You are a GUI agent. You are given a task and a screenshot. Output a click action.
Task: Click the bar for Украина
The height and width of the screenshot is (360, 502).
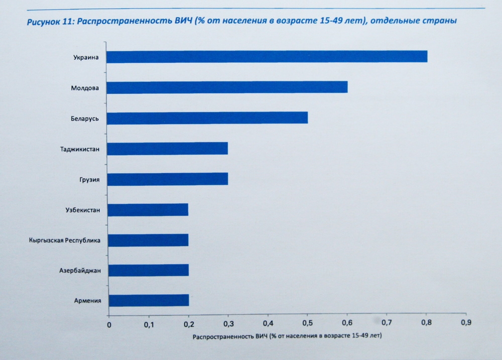(x=267, y=57)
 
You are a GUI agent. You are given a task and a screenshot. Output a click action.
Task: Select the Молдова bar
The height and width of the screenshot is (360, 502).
(x=227, y=87)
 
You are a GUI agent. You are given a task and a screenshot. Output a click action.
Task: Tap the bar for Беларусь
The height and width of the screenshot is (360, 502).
(x=207, y=118)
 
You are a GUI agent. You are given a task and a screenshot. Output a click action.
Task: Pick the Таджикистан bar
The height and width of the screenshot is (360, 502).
(x=168, y=149)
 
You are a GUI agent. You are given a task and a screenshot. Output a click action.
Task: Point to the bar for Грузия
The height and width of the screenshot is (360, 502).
(x=168, y=179)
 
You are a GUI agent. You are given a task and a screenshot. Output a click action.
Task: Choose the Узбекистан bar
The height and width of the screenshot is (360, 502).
(x=148, y=209)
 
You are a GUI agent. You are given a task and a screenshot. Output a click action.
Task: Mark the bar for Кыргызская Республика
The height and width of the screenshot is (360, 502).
(x=148, y=240)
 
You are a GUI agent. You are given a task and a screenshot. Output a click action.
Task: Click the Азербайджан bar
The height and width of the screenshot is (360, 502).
(x=148, y=270)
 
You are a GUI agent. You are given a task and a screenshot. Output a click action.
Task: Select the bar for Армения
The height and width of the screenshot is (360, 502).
(x=149, y=300)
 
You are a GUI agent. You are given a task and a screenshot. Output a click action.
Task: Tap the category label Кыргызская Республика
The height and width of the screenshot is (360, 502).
(x=65, y=241)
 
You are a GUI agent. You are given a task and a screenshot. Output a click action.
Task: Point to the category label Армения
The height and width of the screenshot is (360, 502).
(x=88, y=301)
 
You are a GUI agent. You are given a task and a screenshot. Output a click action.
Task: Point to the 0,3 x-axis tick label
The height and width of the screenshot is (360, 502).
(x=228, y=324)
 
